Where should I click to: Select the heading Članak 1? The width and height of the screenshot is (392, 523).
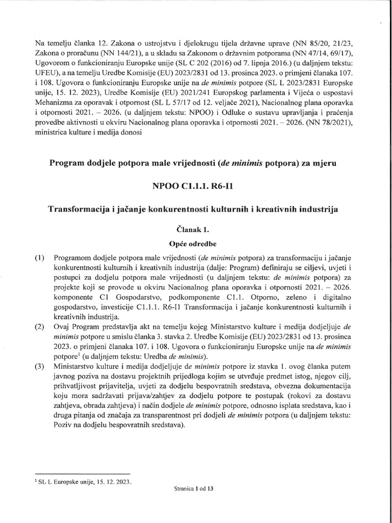point(197,230)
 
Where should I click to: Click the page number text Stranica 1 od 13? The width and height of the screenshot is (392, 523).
point(197,489)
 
